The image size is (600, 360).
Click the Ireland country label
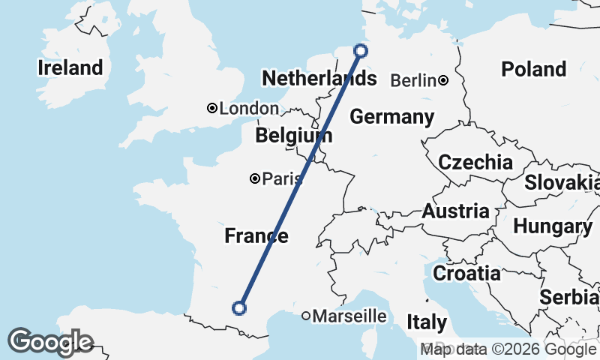[x=70, y=68]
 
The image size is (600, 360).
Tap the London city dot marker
[x=212, y=109]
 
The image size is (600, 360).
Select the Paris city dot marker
[x=255, y=178]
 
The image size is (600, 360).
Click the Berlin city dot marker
[x=444, y=80]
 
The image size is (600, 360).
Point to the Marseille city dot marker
[x=306, y=316]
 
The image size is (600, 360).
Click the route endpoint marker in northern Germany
[x=361, y=51]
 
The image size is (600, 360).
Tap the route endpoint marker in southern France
[x=239, y=307]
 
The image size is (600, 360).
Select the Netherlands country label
[x=318, y=78]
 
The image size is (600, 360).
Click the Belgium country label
[x=293, y=136]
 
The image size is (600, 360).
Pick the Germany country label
[x=391, y=117]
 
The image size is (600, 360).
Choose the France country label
[x=256, y=236]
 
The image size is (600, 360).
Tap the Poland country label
[x=533, y=70]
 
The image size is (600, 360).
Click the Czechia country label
[x=475, y=162]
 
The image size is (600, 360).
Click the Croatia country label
[x=467, y=273]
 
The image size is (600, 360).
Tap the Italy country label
[x=427, y=323]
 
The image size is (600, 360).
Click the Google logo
[x=49, y=342]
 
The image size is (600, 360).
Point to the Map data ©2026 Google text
[x=508, y=349]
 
